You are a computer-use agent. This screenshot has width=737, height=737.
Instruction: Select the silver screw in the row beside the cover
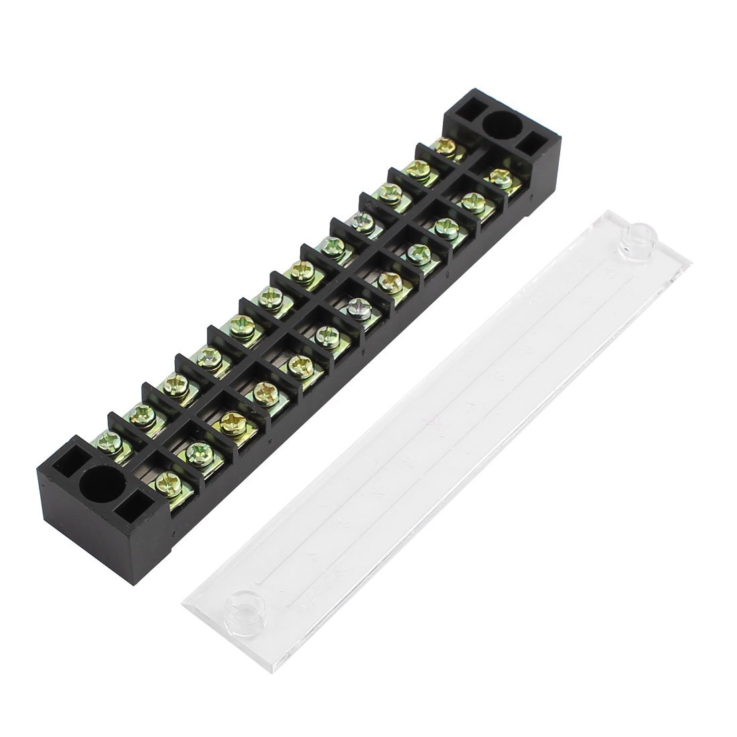[x=358, y=307]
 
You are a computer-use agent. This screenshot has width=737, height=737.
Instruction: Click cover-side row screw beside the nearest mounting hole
[x=165, y=480]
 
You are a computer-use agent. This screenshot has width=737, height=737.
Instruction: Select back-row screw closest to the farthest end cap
[x=444, y=145]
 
